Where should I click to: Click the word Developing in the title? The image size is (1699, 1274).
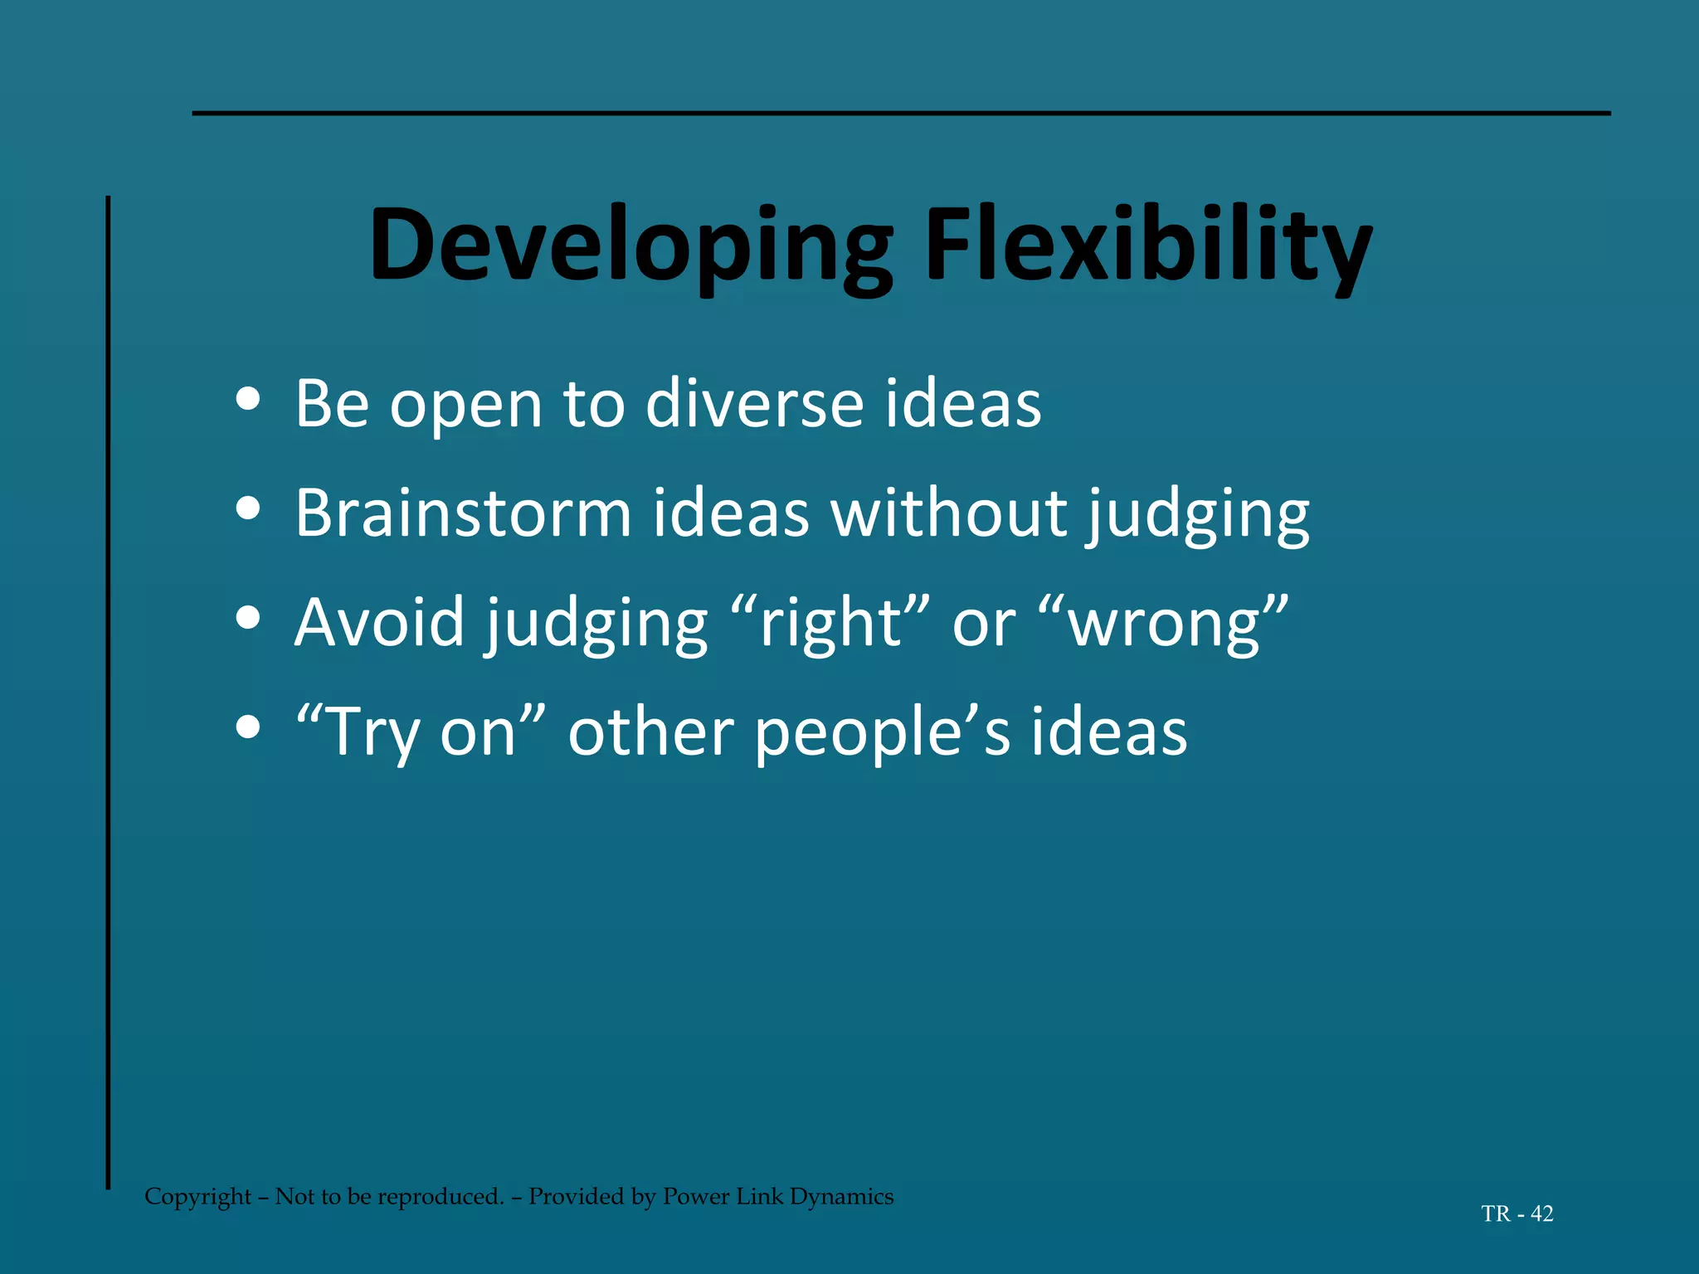click(x=630, y=246)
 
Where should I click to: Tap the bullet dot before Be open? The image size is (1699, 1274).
click(x=248, y=399)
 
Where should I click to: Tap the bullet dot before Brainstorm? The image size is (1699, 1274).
click(x=248, y=508)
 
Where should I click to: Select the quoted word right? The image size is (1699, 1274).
click(x=830, y=624)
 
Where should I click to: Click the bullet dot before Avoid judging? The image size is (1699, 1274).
click(x=248, y=618)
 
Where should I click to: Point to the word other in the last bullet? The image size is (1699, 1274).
click(x=650, y=732)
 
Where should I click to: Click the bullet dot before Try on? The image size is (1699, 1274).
click(x=248, y=727)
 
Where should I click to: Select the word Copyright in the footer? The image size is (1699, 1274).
click(x=197, y=1196)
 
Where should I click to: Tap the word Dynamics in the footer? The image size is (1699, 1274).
click(x=841, y=1196)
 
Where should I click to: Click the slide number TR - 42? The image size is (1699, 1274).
click(x=1516, y=1213)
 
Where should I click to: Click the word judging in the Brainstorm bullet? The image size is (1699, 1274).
click(x=1198, y=516)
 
